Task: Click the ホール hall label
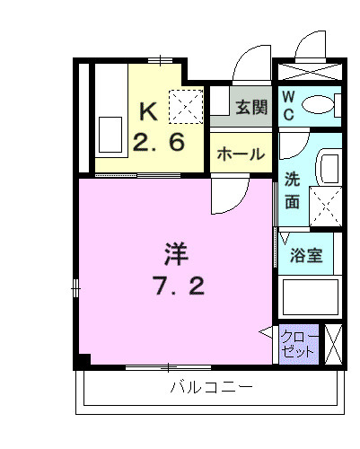241,154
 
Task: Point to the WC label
289,105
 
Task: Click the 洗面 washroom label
293,189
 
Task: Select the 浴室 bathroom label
306,254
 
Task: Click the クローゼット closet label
298,344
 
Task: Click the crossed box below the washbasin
325,204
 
